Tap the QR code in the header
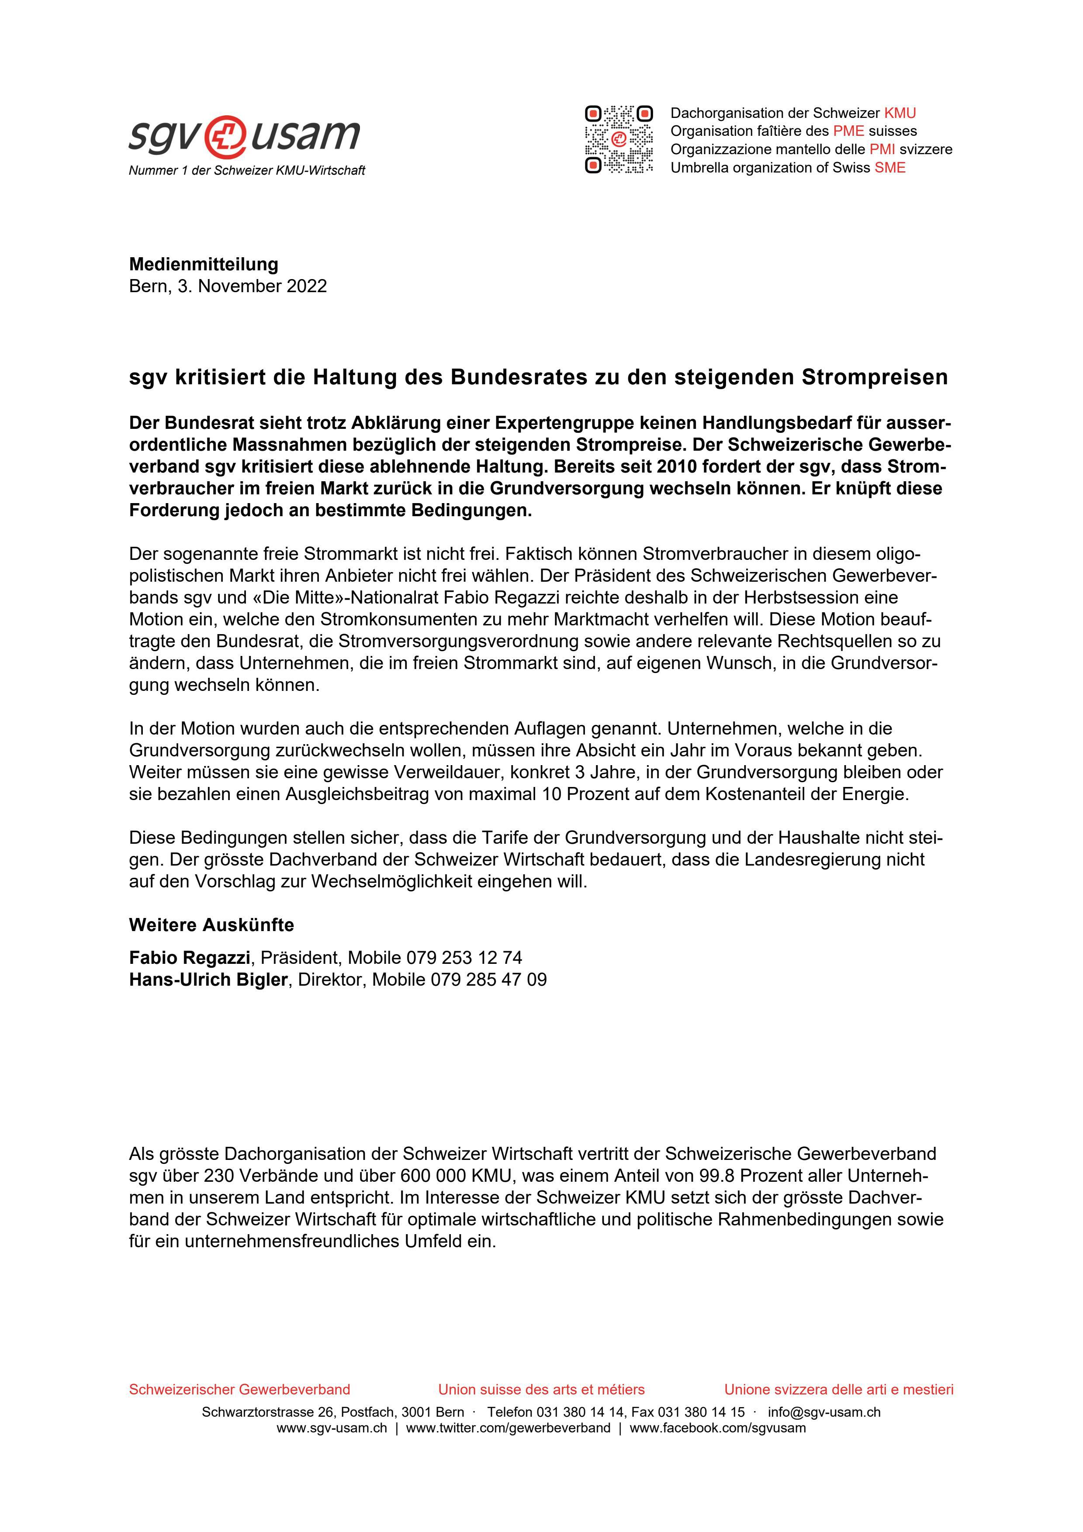(x=619, y=139)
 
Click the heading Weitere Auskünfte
(x=211, y=925)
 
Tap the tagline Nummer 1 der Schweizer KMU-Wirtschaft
(x=247, y=171)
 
